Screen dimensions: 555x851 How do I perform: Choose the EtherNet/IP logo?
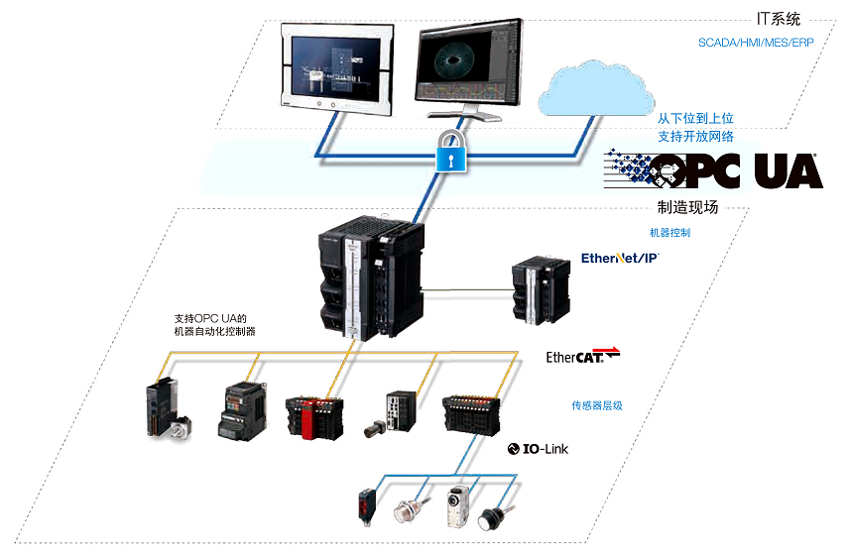point(619,258)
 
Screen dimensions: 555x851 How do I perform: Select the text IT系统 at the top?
point(779,18)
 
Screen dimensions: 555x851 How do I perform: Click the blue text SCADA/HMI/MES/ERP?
point(755,44)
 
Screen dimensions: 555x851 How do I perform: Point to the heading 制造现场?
point(687,207)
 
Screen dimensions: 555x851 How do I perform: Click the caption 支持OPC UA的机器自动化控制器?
point(215,324)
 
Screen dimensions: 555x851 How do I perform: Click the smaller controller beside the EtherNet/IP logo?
point(539,290)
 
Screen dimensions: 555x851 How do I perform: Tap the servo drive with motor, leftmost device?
point(167,410)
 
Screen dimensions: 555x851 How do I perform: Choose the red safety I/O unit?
point(313,417)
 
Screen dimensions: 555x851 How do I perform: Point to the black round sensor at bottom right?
point(493,518)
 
